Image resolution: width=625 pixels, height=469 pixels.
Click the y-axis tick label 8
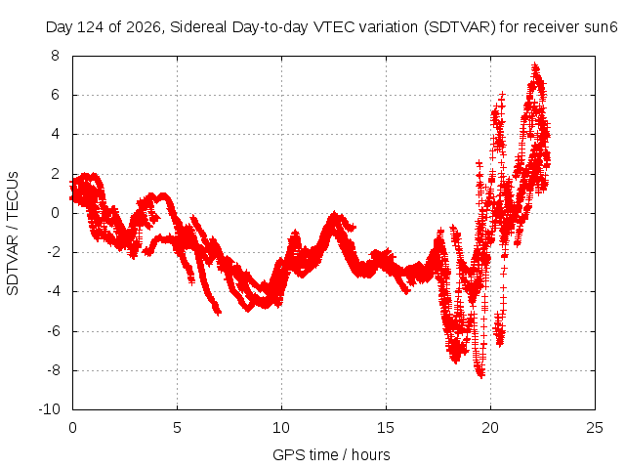pos(55,56)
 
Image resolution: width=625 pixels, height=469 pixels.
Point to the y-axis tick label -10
pos(49,409)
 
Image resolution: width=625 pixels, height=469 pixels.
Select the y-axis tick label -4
pos(53,291)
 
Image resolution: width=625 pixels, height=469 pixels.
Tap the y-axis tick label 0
pos(55,213)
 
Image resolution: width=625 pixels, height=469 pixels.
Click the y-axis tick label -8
pos(53,369)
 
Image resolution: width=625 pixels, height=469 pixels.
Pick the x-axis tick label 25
pos(595,428)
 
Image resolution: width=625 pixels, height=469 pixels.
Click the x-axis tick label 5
pos(177,428)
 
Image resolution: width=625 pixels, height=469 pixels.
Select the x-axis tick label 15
pos(386,428)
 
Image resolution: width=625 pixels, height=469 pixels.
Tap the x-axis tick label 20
pos(490,428)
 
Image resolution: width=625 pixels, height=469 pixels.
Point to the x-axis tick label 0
pos(72,428)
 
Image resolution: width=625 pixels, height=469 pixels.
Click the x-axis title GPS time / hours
pos(331,454)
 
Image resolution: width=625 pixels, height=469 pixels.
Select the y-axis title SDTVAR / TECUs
pos(13,234)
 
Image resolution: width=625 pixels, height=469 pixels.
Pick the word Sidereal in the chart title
pos(199,27)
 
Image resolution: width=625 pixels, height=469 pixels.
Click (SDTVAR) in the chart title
pos(460,27)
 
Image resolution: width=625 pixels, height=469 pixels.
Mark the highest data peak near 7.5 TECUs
pos(535,65)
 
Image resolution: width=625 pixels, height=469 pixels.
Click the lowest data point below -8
pos(481,375)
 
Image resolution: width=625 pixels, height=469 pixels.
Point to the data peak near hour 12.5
pos(334,215)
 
